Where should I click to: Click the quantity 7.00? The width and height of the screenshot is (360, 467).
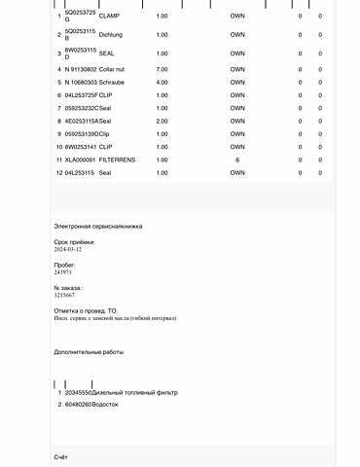coord(162,70)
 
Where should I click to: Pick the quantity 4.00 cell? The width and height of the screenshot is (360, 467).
coord(162,83)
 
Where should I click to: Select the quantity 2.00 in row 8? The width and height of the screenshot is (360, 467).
coord(162,121)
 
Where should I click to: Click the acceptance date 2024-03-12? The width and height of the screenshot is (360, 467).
coord(67,250)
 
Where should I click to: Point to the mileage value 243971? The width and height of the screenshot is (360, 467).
coord(62,273)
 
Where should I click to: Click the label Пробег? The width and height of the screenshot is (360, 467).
coord(64,265)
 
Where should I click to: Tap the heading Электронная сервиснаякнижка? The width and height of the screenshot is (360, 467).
coord(97,227)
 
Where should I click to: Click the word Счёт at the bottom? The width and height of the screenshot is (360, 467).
coord(60,456)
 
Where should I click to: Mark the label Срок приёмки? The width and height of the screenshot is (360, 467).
coord(73,241)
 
